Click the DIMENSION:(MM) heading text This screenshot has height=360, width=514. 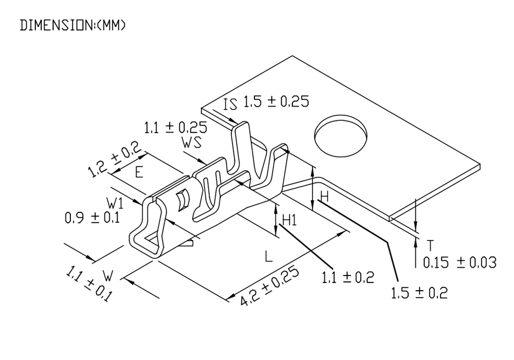pos(72,25)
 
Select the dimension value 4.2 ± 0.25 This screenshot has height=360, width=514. pos(269,286)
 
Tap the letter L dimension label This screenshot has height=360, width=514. pos(268,256)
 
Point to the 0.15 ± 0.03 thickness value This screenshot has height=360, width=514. pos(460,263)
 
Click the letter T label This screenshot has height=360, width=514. pos(430,245)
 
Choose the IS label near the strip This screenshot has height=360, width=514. pos(230,104)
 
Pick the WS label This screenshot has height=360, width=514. pos(192,142)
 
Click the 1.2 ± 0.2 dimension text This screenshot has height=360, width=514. pos(115,159)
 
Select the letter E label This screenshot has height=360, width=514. pos(139,172)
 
